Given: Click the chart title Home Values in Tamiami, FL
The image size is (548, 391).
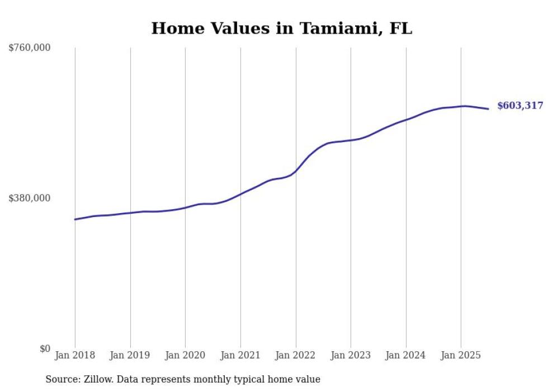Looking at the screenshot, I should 281,29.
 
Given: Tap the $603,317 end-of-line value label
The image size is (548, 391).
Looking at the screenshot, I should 519,106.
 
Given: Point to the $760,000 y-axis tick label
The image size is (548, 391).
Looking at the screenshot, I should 30,48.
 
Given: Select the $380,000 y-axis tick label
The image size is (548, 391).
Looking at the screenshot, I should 30,198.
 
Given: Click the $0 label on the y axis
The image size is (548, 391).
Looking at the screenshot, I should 45,348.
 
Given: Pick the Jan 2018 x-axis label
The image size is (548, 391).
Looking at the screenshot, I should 75,355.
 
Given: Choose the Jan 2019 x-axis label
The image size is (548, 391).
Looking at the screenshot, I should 130,355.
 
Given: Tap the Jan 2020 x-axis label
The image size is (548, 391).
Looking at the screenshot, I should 185,355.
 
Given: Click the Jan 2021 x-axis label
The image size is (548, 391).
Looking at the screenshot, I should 240,355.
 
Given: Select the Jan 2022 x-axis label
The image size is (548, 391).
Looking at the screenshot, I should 295,355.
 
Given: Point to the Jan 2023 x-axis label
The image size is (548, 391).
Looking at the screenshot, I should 351,355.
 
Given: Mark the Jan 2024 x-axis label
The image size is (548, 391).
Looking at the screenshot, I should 406,355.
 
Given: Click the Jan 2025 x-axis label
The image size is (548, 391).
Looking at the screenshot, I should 461,355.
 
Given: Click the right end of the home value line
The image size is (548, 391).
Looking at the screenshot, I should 489,109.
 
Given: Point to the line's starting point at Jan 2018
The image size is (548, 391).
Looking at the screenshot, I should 75,219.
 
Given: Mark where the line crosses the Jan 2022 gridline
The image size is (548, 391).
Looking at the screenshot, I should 295,171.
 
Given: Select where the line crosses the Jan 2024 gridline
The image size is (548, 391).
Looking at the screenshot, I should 406,120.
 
